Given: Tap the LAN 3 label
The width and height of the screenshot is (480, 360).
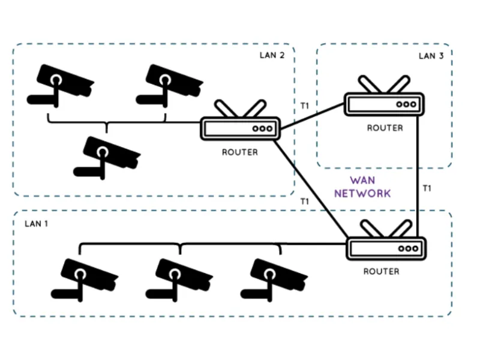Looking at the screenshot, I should pos(431,56).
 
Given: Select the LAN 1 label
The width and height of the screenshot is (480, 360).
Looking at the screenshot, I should pos(37,223).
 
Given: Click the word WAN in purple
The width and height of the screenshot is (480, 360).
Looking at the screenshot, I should pos(363,181).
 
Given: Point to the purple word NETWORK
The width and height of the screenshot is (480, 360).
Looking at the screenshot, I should pos(362,193).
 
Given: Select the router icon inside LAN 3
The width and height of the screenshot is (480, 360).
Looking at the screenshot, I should pos(385,102).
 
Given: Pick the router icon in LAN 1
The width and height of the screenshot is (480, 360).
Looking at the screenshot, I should pos(386,247).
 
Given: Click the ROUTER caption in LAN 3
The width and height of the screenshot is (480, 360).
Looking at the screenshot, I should pos(385,128).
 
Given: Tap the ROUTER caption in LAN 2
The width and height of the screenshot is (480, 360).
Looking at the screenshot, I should pos(240,152).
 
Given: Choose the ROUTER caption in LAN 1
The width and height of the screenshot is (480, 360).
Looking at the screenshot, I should pos(382,272).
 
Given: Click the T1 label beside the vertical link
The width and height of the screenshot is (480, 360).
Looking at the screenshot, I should pos(427,188).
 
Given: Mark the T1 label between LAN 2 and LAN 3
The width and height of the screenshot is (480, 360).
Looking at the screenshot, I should pos(305,106).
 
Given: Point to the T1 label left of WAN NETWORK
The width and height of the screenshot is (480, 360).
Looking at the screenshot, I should pos(305,202).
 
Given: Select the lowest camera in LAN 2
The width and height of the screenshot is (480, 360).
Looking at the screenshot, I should pos(105,155).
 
